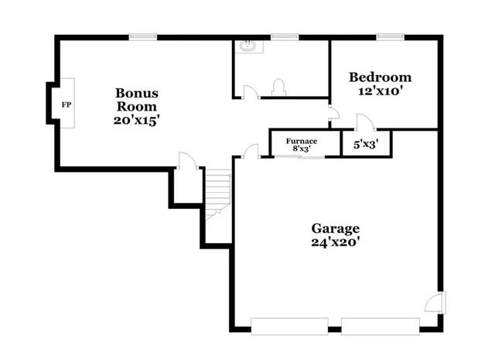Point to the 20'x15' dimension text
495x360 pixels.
(x=138, y=120)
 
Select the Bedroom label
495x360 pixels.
(x=380, y=77)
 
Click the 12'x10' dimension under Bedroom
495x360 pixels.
(x=380, y=91)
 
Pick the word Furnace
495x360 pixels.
(x=301, y=141)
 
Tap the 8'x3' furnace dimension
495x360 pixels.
(x=301, y=149)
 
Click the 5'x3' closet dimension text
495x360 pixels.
(x=365, y=144)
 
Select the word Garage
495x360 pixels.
(x=336, y=228)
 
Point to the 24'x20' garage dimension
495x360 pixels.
(x=336, y=242)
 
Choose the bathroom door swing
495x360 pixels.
(x=250, y=92)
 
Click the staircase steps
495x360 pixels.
(x=218, y=190)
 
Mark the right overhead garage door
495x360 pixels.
(x=381, y=325)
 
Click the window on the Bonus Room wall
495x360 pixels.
(x=143, y=36)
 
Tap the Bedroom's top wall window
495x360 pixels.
(x=389, y=36)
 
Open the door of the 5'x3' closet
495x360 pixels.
(x=364, y=123)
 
